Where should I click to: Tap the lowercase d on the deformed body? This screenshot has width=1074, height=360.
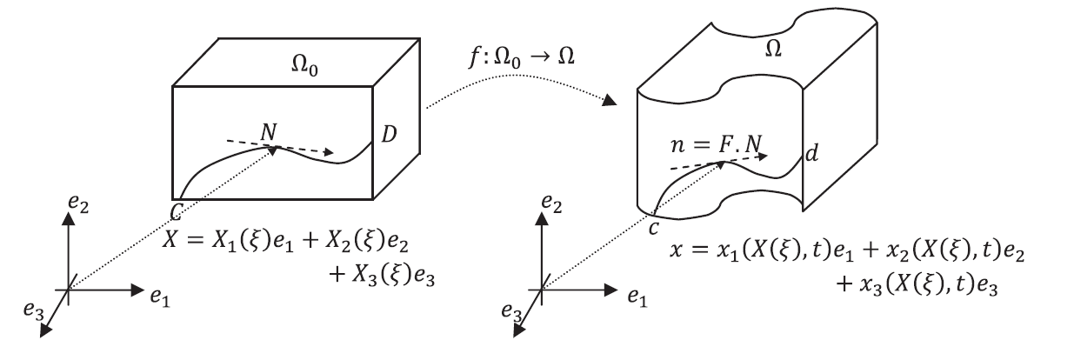811,157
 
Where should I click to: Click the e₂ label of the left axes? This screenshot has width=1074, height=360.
83,205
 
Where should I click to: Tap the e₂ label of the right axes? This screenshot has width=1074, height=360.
551,205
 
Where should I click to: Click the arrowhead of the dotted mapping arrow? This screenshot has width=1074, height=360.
610,102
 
